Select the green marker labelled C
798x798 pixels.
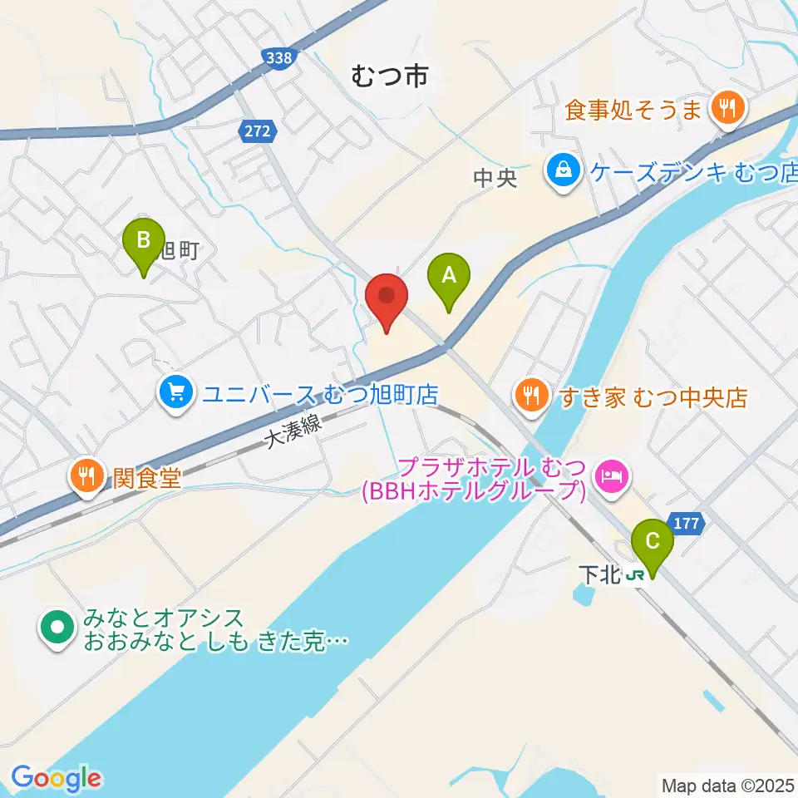653,542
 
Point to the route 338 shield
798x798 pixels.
276,58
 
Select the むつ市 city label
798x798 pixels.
388,77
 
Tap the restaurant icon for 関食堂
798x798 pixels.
86,476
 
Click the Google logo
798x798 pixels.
56,779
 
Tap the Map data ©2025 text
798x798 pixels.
728,784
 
